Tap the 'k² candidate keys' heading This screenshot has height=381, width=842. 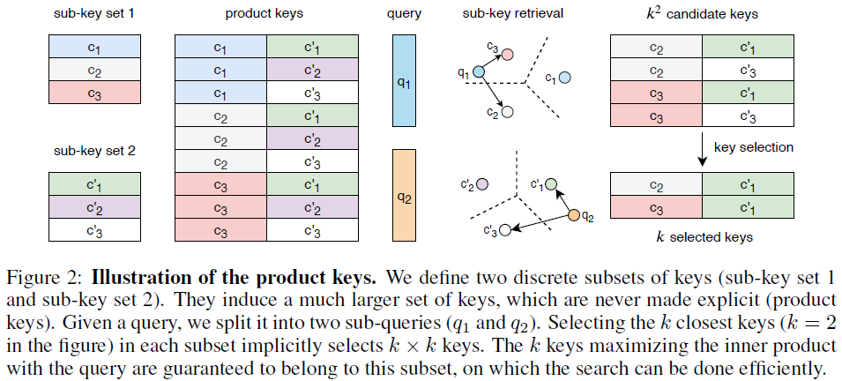point(702,15)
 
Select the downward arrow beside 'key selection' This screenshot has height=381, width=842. point(702,148)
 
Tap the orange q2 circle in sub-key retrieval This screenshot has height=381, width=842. point(575,215)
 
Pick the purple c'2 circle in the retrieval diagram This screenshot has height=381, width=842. point(484,185)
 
